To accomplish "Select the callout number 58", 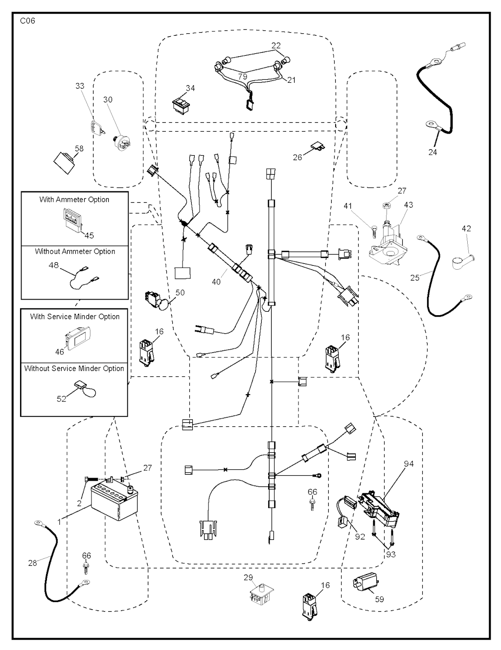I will pyautogui.click(x=79, y=148).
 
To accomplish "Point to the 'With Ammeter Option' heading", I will pyautogui.click(x=74, y=200).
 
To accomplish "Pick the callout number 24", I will pyautogui.click(x=433, y=152).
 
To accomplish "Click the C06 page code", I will pyautogui.click(x=27, y=21).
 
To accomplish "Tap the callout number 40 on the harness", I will pyautogui.click(x=216, y=281).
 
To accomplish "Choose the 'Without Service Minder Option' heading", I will pyautogui.click(x=74, y=369).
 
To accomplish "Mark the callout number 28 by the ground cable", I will pyautogui.click(x=32, y=563).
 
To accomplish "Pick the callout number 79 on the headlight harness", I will pyautogui.click(x=242, y=77).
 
